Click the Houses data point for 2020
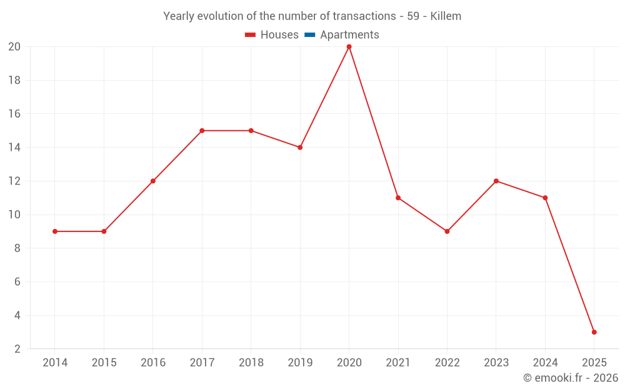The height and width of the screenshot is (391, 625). coord(349,47)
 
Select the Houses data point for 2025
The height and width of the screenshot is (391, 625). coord(594,332)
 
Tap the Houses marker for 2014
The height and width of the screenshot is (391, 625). coord(55,231)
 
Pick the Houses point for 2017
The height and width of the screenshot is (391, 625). coord(202,131)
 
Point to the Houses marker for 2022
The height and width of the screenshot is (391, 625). coord(447,231)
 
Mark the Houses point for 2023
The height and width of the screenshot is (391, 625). coord(496,181)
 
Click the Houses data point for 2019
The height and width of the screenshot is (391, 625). coord(300,148)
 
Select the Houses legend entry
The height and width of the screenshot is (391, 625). coord(272,35)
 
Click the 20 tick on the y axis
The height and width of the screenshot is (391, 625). coord(14,47)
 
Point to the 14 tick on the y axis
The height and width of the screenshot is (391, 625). coord(14,148)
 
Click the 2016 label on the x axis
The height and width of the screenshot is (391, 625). coord(153,363)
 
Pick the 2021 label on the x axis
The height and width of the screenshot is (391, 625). coord(398,363)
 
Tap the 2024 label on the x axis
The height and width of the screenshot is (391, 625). coord(545,363)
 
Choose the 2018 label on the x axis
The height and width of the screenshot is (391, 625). coord(251,363)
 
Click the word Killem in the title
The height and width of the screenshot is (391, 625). coord(446,16)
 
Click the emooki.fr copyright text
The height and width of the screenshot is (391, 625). coord(571,378)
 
